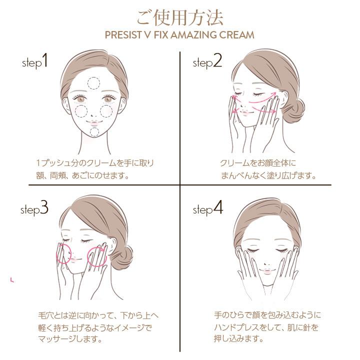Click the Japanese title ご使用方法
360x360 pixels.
pos(179,16)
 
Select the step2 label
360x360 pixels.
pos(207,62)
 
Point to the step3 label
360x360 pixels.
pos(34,208)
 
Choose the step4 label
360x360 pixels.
pos(208,208)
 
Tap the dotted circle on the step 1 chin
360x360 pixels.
pos(94,132)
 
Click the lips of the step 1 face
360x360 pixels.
pos(94,120)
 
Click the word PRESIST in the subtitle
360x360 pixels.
pos(124,35)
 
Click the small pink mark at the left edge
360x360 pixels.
pos(12,279)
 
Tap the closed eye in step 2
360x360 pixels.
pos(260,94)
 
